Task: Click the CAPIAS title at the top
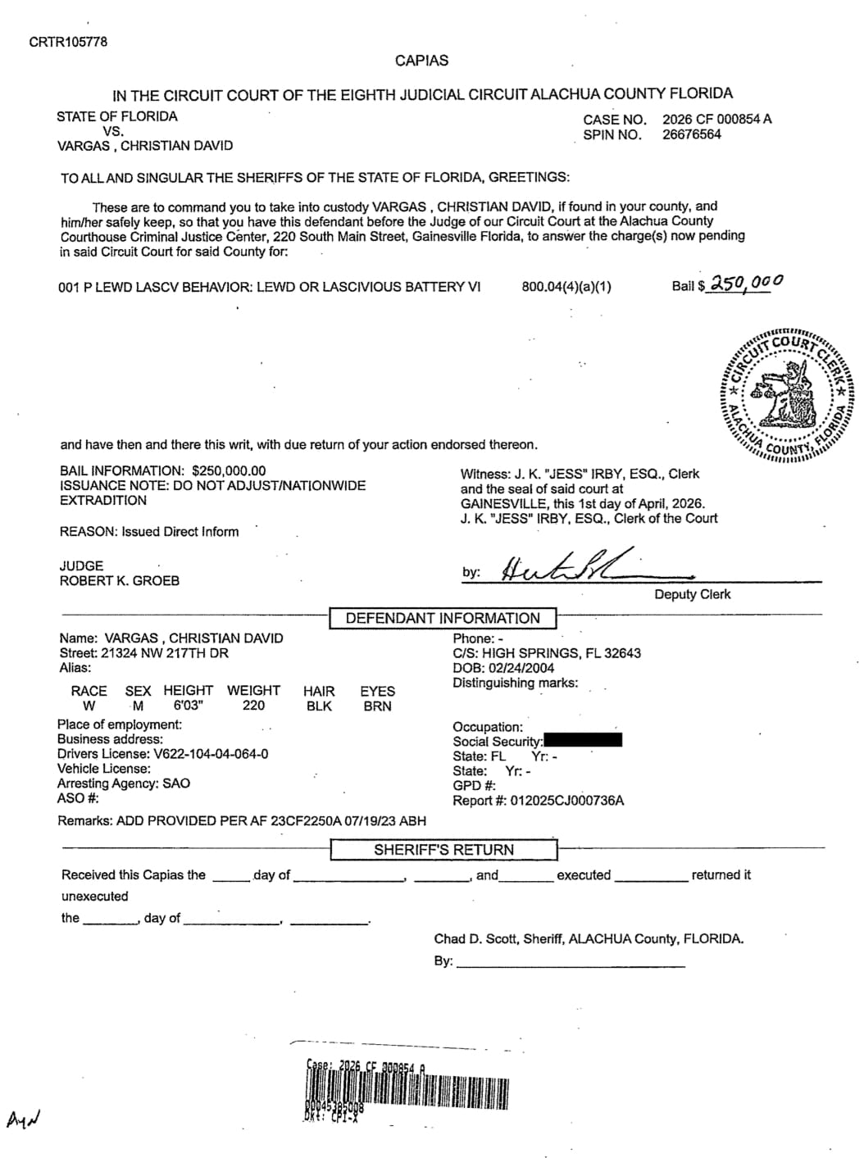pos(421,61)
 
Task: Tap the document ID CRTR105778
pos(68,42)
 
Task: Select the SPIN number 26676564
pos(692,134)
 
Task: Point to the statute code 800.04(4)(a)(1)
pos(566,287)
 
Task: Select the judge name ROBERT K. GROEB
pos(120,580)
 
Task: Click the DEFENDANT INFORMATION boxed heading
pos(443,618)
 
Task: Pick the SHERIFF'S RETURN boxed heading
pos(443,850)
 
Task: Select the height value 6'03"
pos(188,706)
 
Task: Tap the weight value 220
pos(253,706)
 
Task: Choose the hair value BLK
pos(319,706)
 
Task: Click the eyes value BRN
pos(377,706)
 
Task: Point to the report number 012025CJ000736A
pos(566,801)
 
